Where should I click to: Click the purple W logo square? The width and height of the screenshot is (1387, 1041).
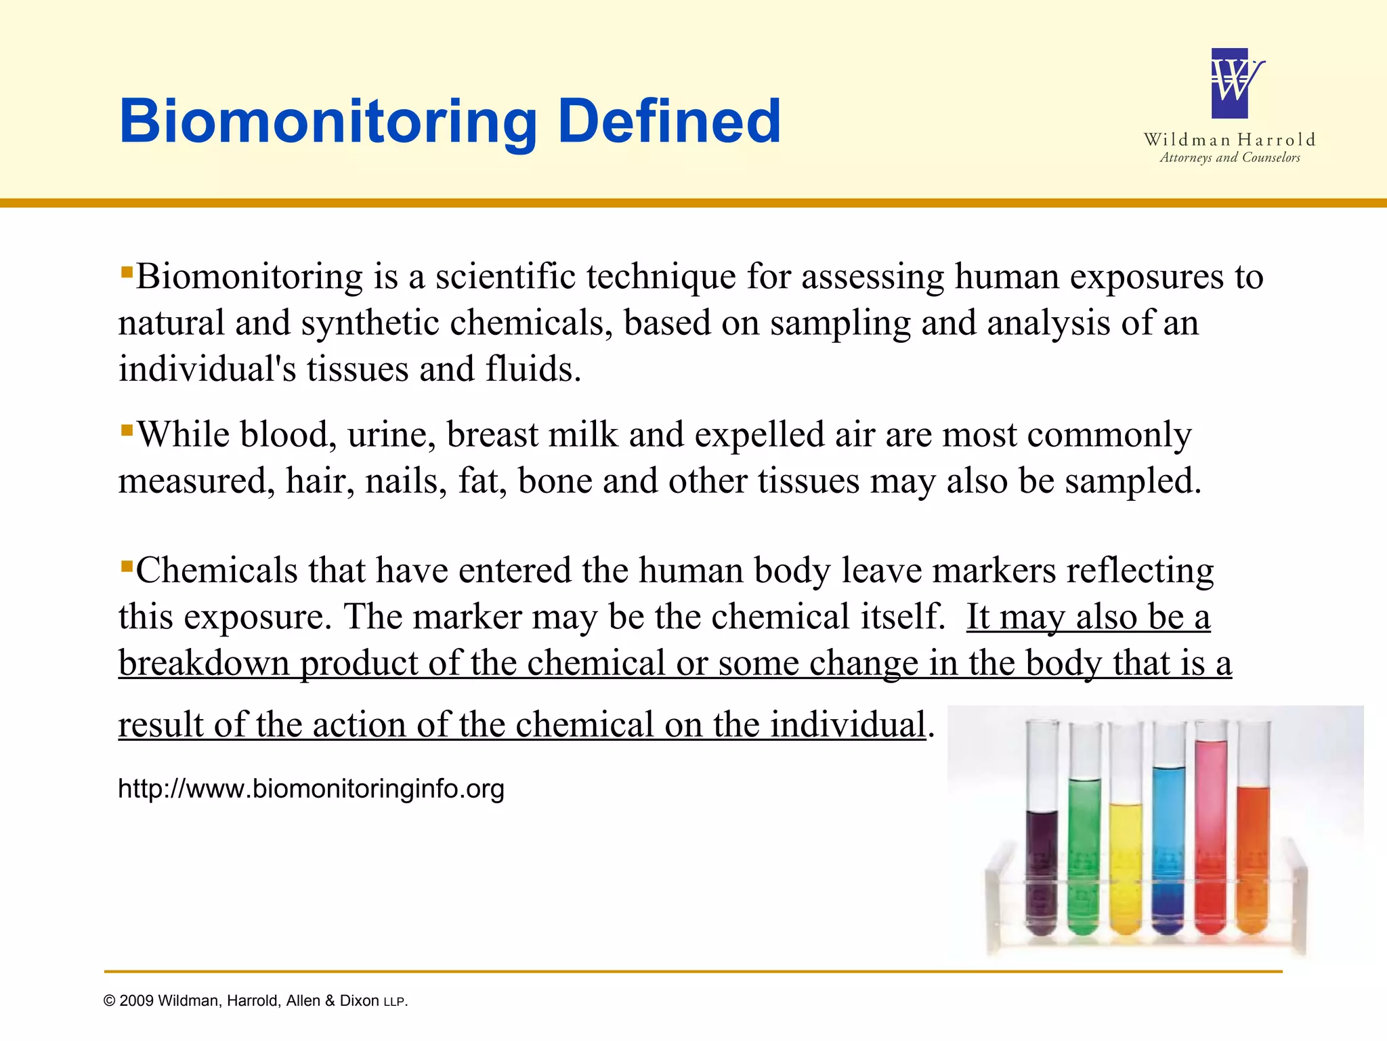point(1229,83)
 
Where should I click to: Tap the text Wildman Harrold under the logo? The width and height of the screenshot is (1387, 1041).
point(1229,140)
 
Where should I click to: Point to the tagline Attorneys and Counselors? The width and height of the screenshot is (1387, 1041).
point(1229,158)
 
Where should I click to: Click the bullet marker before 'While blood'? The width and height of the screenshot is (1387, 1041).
point(126,430)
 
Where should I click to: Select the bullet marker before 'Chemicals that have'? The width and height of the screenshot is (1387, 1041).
point(126,565)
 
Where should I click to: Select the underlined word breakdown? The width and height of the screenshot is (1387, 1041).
point(204,663)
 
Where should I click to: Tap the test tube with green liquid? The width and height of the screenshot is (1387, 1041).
point(1084,854)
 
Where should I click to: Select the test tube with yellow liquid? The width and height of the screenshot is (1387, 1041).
point(1126,861)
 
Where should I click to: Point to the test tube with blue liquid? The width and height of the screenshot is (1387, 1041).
point(1168,847)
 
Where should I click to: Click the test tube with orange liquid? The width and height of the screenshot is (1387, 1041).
point(1253,854)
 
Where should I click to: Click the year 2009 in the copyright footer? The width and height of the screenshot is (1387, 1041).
point(136,1002)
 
